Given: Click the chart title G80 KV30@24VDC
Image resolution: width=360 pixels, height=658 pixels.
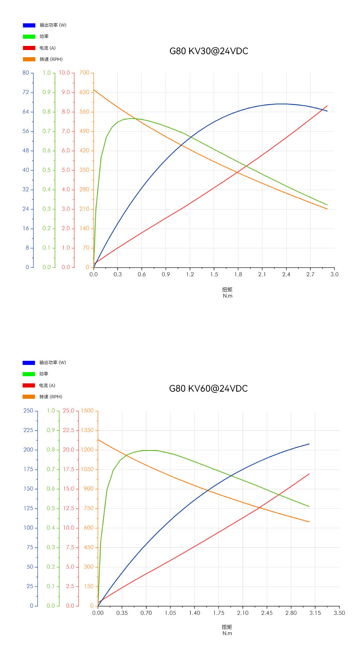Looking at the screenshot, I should coord(209,51).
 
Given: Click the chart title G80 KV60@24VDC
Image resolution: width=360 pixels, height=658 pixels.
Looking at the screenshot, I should coord(208,389).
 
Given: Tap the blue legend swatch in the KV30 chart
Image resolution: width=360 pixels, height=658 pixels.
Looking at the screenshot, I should coord(29,25).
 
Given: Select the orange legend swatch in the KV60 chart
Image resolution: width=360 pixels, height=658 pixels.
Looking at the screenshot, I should coord(29,397).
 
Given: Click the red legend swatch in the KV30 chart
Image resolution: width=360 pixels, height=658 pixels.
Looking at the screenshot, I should coord(29,48).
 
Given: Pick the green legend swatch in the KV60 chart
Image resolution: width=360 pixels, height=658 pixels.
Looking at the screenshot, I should coord(29,374).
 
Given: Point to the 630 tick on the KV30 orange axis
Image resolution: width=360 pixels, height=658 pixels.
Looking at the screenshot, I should coord(85,92).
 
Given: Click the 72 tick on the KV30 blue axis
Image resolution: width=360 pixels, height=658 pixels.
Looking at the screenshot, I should coord(26,92).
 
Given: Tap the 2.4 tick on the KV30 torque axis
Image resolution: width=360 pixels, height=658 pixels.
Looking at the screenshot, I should coord(286,274).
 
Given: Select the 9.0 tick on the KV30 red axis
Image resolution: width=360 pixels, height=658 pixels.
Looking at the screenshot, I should coord(66,92).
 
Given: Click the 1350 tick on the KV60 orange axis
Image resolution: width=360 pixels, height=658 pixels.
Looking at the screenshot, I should coord(87,430).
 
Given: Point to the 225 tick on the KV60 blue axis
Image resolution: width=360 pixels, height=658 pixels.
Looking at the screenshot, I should coord(28,430).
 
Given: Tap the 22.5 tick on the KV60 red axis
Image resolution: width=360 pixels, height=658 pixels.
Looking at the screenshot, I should coord(68,430).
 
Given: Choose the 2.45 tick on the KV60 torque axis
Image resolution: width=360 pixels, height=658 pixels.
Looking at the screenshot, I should coord(267,613).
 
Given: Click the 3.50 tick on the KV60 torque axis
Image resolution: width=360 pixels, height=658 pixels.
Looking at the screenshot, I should coord(339,613).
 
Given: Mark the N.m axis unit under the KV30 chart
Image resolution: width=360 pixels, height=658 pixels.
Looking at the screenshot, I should coord(228,296).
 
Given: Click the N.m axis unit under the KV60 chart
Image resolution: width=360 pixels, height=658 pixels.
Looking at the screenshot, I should coord(227,633).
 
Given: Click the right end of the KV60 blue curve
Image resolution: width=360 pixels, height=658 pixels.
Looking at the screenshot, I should coord(309,444).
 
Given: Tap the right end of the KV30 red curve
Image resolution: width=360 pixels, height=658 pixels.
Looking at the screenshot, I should coord(327,106).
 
